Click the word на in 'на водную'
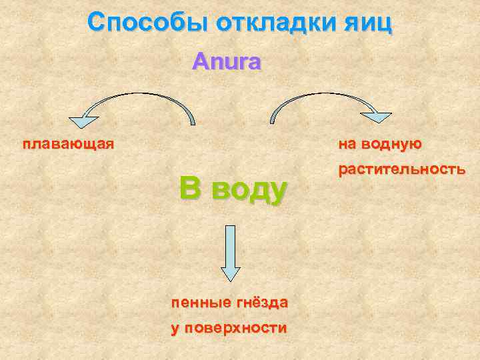coord(348,143)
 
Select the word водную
coord(393,143)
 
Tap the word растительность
coord(401,169)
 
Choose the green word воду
coord(249,191)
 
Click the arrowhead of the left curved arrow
coord(84,121)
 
